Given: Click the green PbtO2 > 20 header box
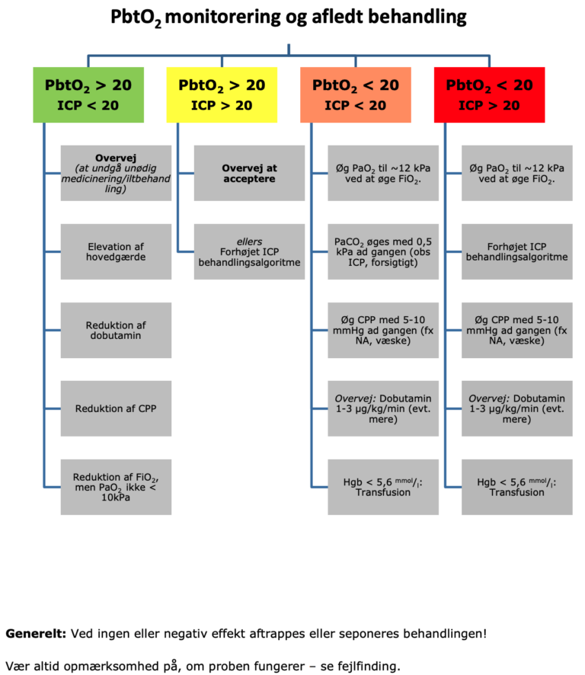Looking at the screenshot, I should click(88, 94).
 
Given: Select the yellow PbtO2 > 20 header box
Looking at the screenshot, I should click(222, 94).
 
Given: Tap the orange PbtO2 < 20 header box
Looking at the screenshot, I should click(356, 94).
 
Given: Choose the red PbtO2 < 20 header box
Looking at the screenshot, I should click(490, 94).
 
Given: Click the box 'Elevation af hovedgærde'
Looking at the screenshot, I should click(116, 251).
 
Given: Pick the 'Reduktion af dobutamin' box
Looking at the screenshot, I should click(116, 331).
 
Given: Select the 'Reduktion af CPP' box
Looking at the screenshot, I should click(116, 409).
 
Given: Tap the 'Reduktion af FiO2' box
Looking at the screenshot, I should click(116, 487).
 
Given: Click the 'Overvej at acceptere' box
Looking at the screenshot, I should click(249, 173).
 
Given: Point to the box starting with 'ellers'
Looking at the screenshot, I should click(249, 251).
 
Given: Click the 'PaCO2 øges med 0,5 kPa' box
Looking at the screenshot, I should click(383, 251).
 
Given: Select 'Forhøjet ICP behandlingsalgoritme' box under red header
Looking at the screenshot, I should click(517, 251).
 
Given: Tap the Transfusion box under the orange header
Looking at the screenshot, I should click(383, 487).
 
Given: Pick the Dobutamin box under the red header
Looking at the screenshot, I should click(517, 409).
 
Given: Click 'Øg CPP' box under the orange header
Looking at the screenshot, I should click(383, 331).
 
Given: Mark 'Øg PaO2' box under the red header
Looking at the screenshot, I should click(517, 173).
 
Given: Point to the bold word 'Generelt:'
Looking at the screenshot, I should click(36, 633).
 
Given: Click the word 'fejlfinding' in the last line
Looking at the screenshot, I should click(366, 666).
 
